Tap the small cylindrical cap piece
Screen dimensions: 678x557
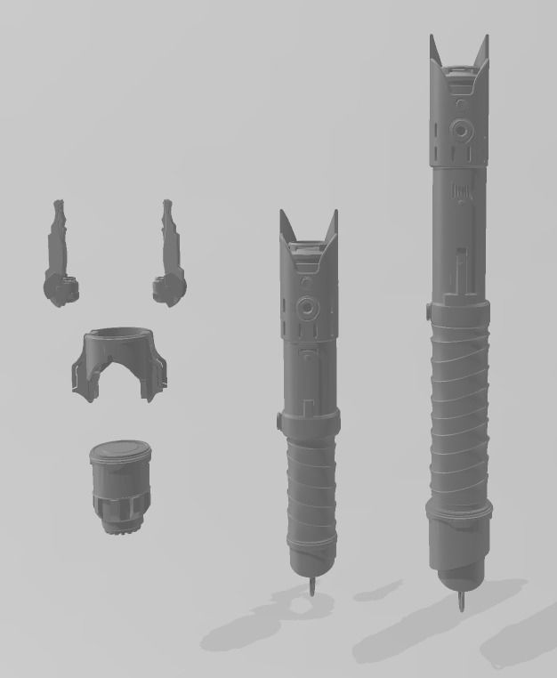121,485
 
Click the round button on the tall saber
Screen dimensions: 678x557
461,130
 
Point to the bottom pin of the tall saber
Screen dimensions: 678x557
461,602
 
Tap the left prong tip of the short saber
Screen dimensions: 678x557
283,214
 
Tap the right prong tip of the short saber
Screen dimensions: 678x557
335,214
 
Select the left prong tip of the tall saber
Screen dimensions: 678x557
432,38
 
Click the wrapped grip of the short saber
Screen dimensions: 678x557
312,489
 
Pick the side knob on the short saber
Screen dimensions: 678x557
280,418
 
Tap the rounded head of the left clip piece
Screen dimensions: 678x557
59,289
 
